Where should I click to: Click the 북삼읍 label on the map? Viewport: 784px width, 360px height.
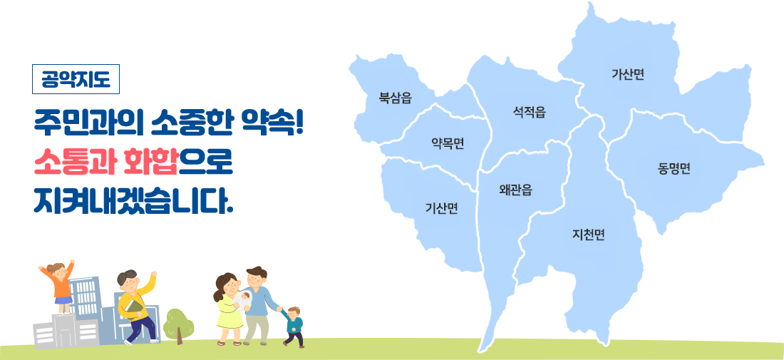395,98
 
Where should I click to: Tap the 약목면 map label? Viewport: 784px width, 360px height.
448,144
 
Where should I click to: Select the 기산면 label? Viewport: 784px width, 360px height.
441,208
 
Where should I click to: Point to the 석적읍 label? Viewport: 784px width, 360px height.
529,113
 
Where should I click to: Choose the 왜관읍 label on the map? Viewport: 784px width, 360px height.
515,190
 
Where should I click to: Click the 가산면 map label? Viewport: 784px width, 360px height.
627,75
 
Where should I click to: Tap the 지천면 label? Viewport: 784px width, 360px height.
589,235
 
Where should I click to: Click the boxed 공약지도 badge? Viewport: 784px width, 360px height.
76,79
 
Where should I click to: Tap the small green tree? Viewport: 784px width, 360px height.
178,325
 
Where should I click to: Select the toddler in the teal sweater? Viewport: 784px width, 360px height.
294,326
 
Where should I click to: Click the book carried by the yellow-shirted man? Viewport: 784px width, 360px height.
133,309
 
